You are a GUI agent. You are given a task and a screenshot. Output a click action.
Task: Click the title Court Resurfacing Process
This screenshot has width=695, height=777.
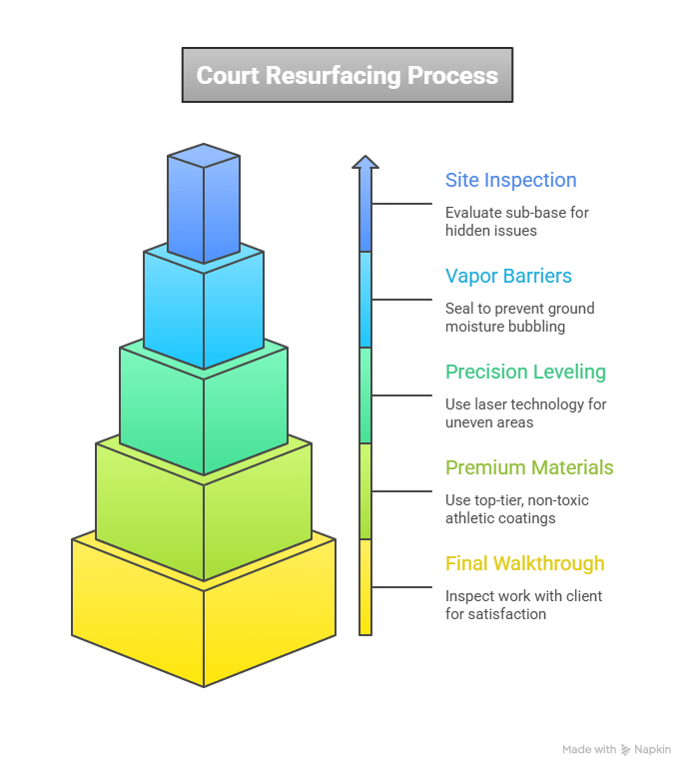point(347,76)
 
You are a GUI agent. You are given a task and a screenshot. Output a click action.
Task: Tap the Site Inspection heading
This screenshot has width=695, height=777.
point(510,181)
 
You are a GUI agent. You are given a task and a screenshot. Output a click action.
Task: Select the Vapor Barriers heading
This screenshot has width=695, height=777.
point(508,277)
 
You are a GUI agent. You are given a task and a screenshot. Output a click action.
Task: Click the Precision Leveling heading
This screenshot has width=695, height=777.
point(525,373)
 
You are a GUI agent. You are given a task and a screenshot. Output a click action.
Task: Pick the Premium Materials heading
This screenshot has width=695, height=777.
point(529,468)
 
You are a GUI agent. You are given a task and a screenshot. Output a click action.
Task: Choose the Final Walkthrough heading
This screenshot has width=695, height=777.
point(524,564)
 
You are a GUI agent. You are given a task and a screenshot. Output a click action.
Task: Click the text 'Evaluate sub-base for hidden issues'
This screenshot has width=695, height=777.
point(517,222)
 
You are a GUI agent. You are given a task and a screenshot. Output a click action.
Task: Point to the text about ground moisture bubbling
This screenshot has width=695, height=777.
point(519,318)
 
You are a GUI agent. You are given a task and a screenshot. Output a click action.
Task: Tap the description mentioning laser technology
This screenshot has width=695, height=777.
point(525,413)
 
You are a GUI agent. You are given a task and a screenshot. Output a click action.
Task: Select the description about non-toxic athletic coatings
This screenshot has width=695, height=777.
point(516,509)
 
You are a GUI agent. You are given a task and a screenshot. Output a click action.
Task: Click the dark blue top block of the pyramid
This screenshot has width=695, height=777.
point(204,210)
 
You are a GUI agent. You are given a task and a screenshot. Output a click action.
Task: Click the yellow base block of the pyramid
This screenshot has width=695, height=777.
point(204,619)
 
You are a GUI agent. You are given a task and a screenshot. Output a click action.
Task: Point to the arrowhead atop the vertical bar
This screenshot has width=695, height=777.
point(365,162)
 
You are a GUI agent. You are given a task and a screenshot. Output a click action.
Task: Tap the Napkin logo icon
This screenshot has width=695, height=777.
point(626,749)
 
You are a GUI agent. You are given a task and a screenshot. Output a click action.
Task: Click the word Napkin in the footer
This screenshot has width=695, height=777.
point(653,749)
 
